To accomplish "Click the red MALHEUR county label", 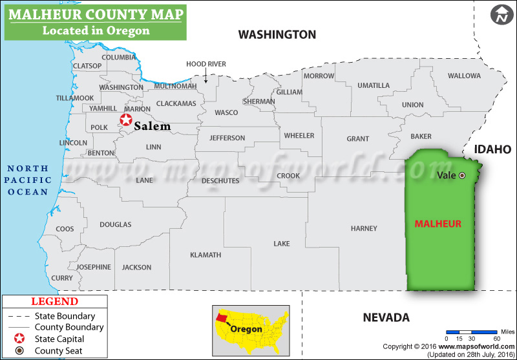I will [438, 224].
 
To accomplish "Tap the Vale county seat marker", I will [461, 175].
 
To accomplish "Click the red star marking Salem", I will [125, 120].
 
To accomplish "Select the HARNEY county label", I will [364, 228].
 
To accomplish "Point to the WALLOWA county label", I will [464, 76].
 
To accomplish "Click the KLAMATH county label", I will [206, 255].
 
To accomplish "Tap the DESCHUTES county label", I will [220, 180].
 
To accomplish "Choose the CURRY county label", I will [62, 278].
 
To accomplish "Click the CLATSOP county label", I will [87, 66].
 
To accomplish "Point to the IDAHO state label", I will [492, 149].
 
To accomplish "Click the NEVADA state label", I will [386, 317].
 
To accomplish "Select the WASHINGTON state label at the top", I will [277, 34].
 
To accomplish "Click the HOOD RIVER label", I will [206, 64].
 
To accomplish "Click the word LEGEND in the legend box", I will [54, 301].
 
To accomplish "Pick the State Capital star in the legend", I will [20, 339].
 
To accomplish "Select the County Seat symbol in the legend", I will [20, 351].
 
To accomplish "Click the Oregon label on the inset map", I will [246, 329].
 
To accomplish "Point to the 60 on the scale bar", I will [496, 338].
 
